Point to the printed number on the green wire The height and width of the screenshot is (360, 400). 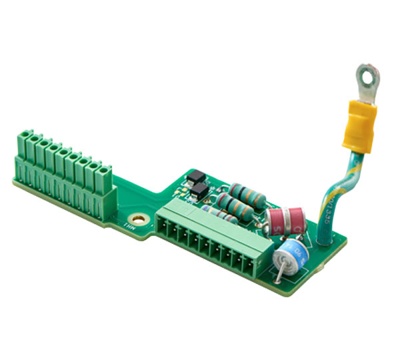334,195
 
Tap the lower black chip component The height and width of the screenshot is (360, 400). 198,193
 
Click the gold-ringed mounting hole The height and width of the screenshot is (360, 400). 139,218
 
